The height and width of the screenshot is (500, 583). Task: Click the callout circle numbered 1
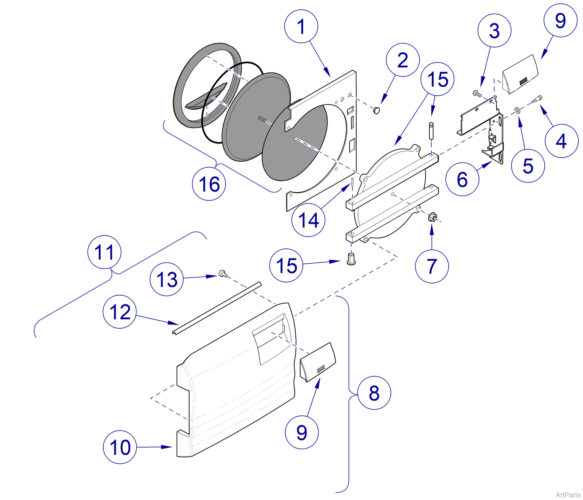(301, 27)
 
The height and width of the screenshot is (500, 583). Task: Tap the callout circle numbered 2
(403, 60)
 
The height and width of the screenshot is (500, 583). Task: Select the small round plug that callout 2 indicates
(376, 110)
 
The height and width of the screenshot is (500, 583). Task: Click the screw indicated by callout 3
(478, 94)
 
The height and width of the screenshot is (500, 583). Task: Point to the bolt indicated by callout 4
(538, 98)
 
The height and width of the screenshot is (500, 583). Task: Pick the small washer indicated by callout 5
(516, 110)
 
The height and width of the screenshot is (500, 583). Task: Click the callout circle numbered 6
(462, 179)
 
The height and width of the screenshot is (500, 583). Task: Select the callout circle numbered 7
(432, 266)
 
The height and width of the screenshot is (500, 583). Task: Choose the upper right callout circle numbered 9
(560, 21)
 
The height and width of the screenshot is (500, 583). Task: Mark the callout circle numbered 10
(120, 447)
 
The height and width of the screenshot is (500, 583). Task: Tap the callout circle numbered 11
(104, 252)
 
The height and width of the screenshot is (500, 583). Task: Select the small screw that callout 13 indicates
(221, 273)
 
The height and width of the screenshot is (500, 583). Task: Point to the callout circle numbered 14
(309, 220)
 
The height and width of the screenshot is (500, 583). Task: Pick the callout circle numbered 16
(209, 184)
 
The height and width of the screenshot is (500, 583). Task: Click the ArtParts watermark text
(567, 495)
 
